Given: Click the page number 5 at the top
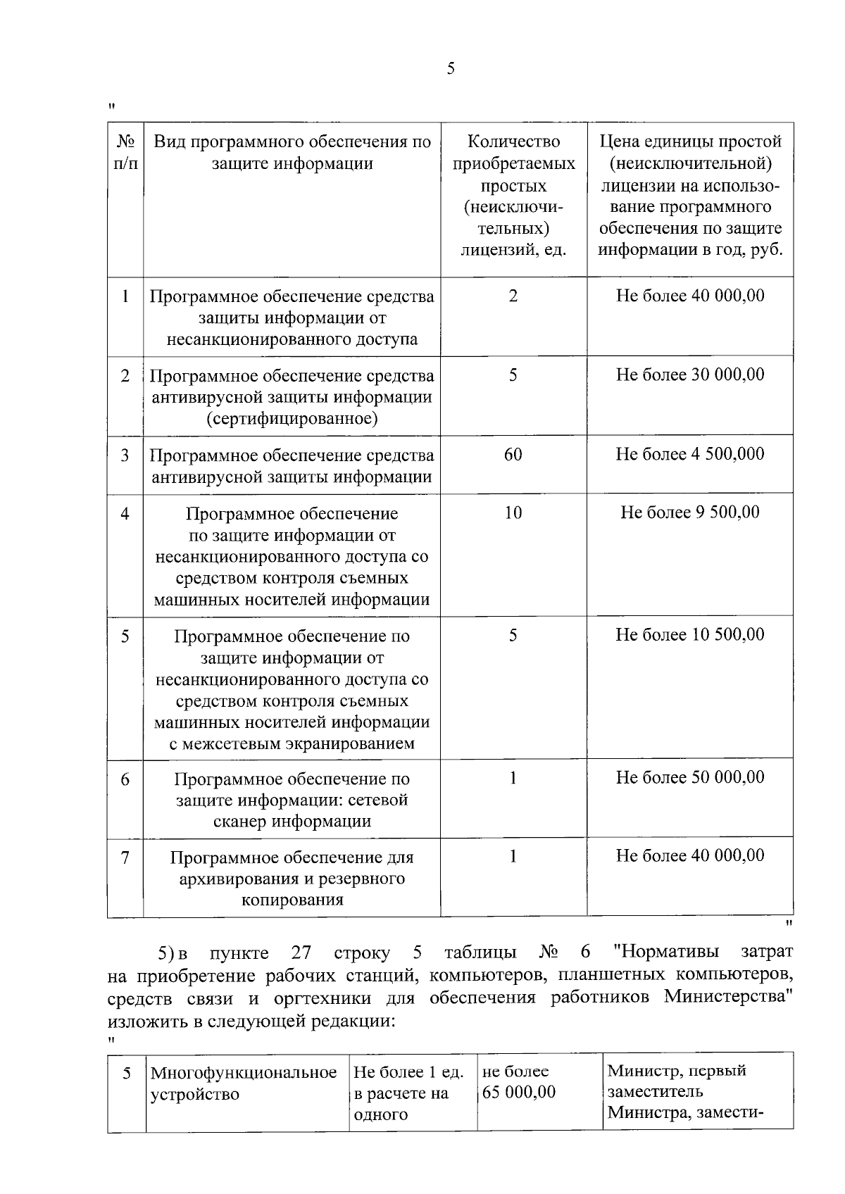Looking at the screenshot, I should click(451, 69).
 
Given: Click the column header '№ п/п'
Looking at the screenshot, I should click(125, 153).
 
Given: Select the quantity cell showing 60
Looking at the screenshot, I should click(513, 455).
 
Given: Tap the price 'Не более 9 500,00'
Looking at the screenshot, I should click(690, 513).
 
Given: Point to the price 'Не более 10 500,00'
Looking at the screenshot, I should click(690, 635).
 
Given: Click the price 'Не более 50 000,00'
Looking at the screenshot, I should click(690, 778).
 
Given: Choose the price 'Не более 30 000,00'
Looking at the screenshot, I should click(690, 375).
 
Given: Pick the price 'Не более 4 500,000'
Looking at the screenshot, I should click(690, 455).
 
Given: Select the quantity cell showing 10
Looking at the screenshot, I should click(513, 513).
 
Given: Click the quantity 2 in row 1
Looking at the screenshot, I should click(513, 296).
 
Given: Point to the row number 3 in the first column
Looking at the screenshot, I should click(125, 455).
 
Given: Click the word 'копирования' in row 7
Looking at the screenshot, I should click(292, 900).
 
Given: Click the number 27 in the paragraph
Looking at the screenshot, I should click(301, 953).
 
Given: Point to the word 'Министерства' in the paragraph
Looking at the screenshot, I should click(726, 998).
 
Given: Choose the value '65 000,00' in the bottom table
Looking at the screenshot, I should click(519, 1093).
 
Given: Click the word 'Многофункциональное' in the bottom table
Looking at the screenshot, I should click(244, 1073).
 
